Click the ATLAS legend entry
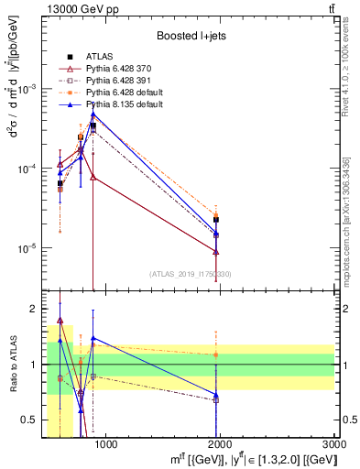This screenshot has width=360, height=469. coord(98,56)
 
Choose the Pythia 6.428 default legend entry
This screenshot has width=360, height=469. coord(119,93)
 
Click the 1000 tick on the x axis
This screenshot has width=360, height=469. coord(106,445)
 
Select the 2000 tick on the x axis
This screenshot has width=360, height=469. coord(221,445)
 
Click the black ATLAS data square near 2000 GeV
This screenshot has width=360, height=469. coord(216,220)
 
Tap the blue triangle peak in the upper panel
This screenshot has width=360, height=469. coord(93,115)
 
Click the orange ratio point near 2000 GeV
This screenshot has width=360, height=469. coord(216,354)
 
